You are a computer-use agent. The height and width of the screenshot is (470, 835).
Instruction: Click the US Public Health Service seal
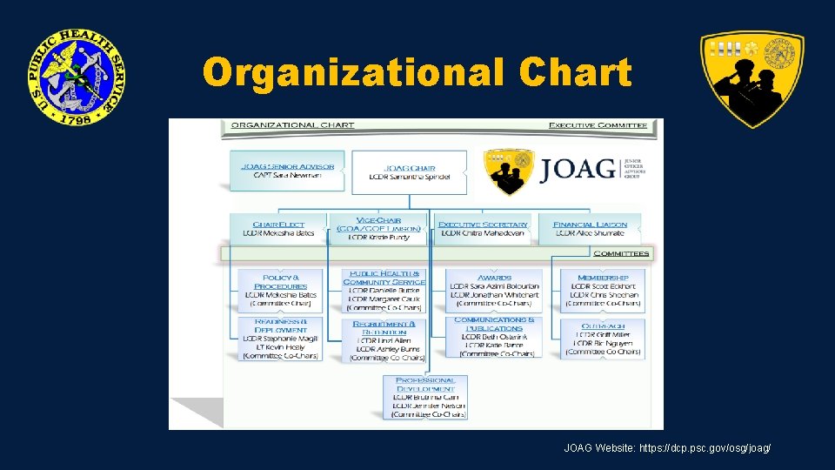pos(75,77)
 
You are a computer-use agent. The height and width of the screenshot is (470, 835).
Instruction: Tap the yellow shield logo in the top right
pos(752,77)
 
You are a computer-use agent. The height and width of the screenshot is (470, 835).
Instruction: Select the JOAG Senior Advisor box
pos(288,171)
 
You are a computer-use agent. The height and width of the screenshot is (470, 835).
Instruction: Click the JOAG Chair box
pos(409,172)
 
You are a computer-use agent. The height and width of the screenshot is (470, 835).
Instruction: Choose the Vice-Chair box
pos(378,229)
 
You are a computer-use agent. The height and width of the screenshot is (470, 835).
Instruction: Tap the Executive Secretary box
pos(483,229)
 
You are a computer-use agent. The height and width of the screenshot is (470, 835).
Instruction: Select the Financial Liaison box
pos(589,229)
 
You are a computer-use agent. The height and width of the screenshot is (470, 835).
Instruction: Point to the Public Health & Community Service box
pos(384,291)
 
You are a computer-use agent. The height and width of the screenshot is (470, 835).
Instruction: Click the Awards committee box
pos(493,291)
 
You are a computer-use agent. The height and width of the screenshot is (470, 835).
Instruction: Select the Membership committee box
pos(602,291)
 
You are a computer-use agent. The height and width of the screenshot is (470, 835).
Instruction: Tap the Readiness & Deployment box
pos(281,339)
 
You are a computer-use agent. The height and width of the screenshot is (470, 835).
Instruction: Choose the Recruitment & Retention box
pos(384,340)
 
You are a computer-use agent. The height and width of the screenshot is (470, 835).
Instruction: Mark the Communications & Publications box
pos(494,337)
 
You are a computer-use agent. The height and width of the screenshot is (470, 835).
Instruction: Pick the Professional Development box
pos(424,398)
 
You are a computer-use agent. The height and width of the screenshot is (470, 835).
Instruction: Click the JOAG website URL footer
pos(667,448)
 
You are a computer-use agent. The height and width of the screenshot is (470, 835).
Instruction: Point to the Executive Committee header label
pos(598,125)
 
